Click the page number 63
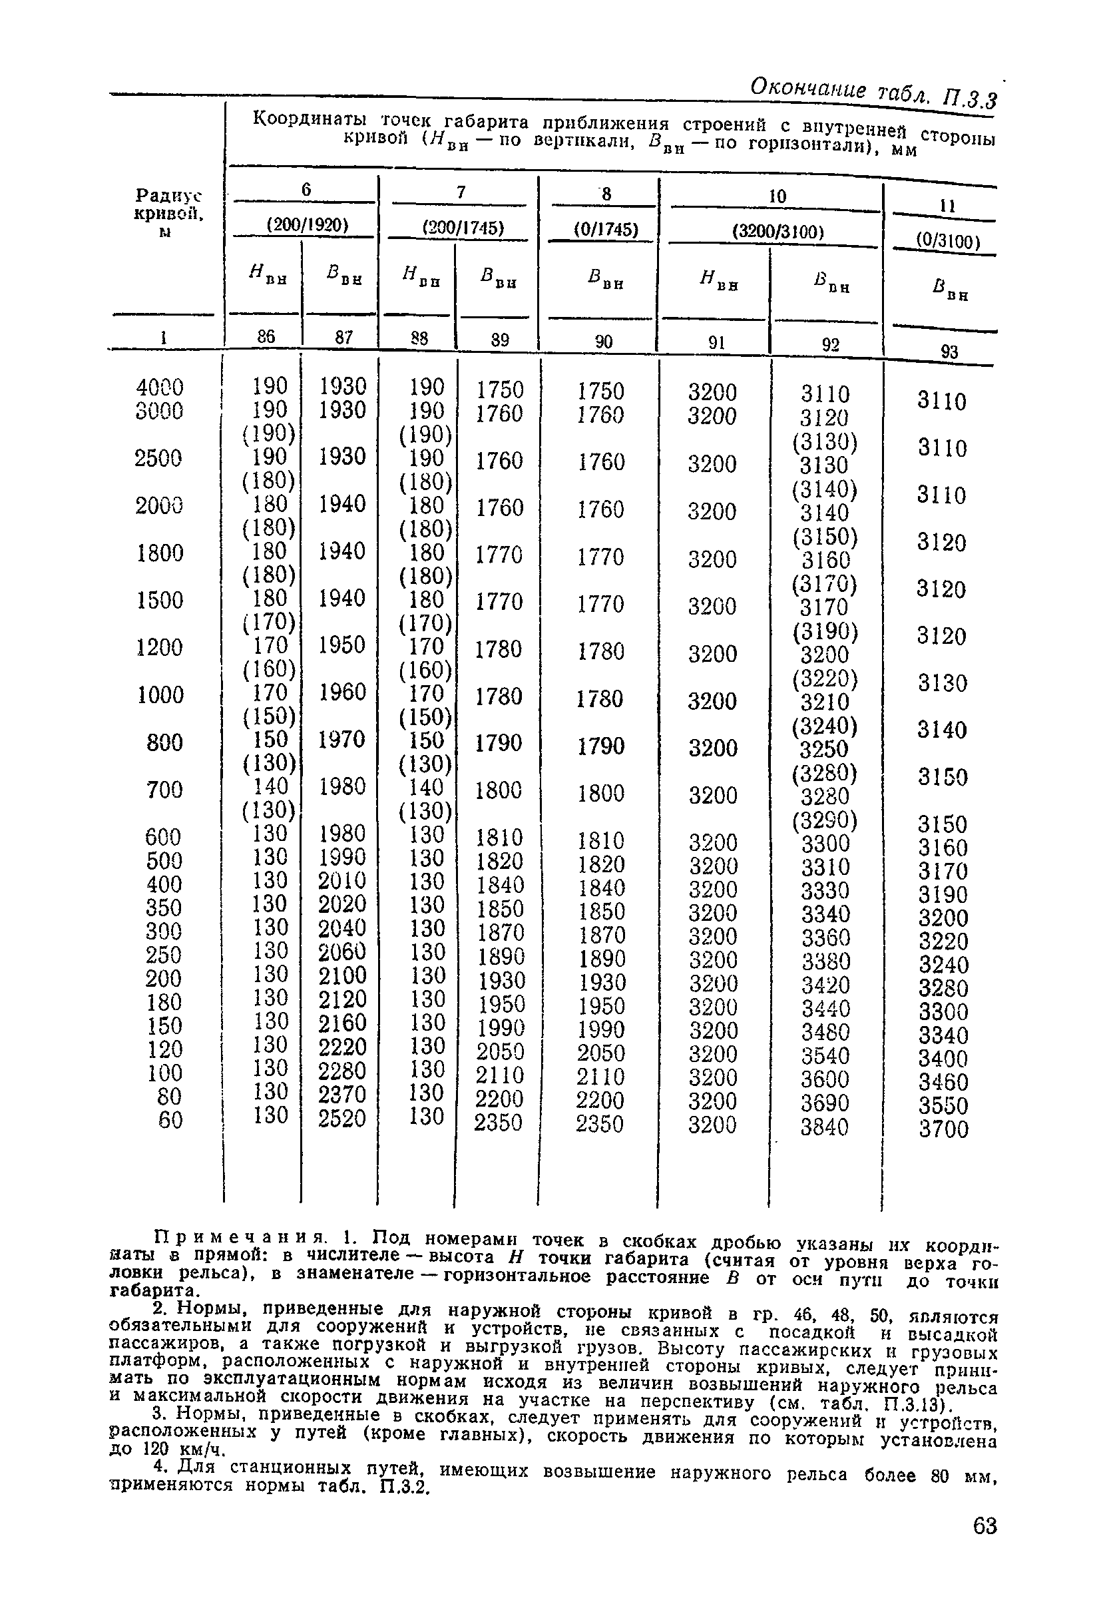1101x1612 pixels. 985,1545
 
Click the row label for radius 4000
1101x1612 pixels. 160,387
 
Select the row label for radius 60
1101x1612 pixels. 170,1120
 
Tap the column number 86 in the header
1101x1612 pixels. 266,336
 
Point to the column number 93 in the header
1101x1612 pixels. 949,352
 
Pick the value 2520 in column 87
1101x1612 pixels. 341,1119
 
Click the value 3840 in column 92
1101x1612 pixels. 824,1127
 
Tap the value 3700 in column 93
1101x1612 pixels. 944,1129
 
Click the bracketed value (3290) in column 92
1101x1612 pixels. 825,821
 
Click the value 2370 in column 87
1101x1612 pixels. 341,1095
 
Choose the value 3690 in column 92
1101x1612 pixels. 824,1103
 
